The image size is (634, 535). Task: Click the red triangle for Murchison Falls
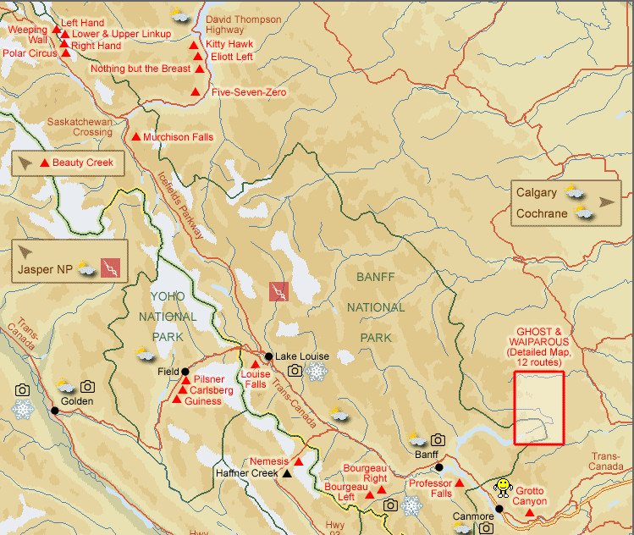[x=135, y=136]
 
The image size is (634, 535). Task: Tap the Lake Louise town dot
[x=268, y=356]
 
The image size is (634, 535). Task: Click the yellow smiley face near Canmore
[x=503, y=486]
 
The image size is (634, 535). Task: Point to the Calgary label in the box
[x=537, y=192]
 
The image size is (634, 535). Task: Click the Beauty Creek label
[x=83, y=163]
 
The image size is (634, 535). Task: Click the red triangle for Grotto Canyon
[x=530, y=511]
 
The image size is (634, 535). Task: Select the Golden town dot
[x=55, y=411]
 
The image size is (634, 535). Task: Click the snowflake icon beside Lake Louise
[x=317, y=372]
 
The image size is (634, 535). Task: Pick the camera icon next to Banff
[x=438, y=439]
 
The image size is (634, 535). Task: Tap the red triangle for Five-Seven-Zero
[x=196, y=91]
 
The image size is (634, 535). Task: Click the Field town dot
[x=185, y=371]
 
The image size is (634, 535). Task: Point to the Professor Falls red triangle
[x=460, y=483]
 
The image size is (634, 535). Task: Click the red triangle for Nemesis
[x=298, y=461]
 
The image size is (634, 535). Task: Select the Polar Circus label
[x=30, y=52]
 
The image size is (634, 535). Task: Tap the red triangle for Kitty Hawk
[x=194, y=45]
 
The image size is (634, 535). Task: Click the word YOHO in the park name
[x=167, y=295]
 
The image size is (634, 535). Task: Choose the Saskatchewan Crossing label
[x=80, y=126]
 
